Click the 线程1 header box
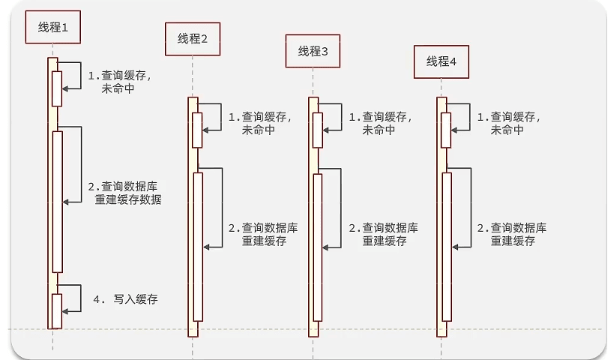pos(52,27)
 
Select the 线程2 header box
pos(193,39)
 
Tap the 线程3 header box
pos(313,51)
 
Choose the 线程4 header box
pos(442,61)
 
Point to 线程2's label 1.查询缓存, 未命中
pos(259,123)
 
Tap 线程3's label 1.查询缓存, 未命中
pos(380,123)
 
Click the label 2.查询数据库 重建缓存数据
pos(124,193)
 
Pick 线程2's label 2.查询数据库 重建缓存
pos(262,234)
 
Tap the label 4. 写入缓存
pos(125,298)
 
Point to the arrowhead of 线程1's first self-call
pos(65,88)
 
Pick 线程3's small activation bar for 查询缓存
pos(318,130)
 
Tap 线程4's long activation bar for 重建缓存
pos(447,247)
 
